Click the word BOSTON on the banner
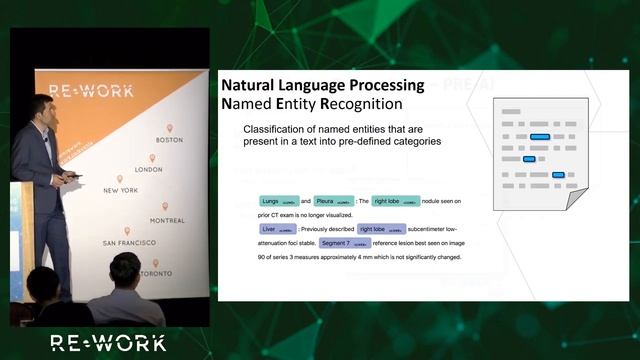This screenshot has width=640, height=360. pyautogui.click(x=170, y=140)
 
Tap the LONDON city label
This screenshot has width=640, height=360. pyautogui.click(x=148, y=169)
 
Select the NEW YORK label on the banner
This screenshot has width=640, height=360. pyautogui.click(x=120, y=190)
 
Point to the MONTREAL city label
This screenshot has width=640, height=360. pyautogui.click(x=167, y=220)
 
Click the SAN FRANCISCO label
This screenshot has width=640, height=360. pyautogui.click(x=122, y=243)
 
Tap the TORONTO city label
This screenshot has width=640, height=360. pyautogui.click(x=155, y=273)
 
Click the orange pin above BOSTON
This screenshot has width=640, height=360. pyautogui.click(x=170, y=128)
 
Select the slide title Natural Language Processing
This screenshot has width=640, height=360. pyautogui.click(x=322, y=85)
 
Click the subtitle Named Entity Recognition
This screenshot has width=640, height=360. pyautogui.click(x=311, y=104)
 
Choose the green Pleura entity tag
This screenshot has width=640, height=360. pyautogui.click(x=334, y=201)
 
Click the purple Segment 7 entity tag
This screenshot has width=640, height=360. pyautogui.click(x=347, y=243)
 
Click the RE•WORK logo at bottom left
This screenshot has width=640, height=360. pyautogui.click(x=109, y=343)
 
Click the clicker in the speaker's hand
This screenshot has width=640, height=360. pyautogui.click(x=72, y=177)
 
